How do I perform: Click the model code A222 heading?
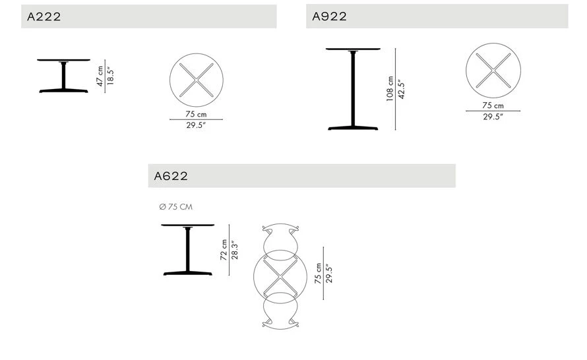point(44,16)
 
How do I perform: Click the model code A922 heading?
point(329,16)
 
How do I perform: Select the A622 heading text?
point(171,176)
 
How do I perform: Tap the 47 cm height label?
point(100,76)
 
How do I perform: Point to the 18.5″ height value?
point(110,76)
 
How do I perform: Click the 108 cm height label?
point(390,89)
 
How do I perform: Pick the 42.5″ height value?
point(401,89)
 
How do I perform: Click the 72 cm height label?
point(224,250)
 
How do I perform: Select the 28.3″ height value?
point(235,250)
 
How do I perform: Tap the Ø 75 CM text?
point(175,206)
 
